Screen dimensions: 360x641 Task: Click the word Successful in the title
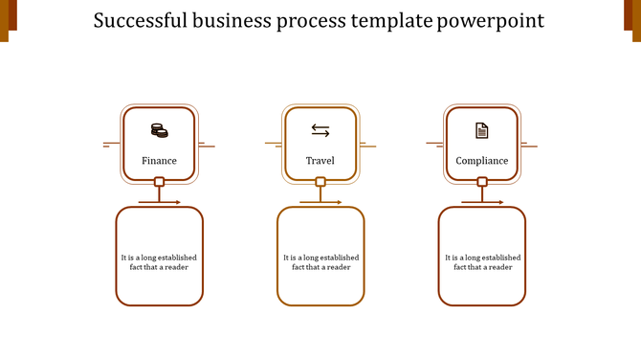pos(140,20)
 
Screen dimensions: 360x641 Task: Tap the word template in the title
pos(389,20)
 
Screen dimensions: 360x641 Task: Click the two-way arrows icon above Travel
pos(320,130)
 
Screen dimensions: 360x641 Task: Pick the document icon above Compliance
pos(482,130)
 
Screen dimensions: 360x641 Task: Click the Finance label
pos(159,161)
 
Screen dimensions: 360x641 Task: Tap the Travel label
pos(320,161)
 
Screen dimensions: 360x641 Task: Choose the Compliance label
pos(482,161)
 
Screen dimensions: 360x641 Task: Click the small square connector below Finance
pos(160,182)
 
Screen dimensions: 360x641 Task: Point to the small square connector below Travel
pos(320,182)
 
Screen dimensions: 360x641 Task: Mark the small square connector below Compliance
pos(482,182)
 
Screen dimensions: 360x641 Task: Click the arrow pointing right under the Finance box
pos(161,202)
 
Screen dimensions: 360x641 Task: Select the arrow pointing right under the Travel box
pos(321,202)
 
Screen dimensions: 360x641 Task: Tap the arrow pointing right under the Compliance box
pos(483,202)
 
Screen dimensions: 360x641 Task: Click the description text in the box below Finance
pos(160,262)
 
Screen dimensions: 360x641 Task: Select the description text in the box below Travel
pos(320,262)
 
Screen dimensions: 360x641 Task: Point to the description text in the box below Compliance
pos(482,262)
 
